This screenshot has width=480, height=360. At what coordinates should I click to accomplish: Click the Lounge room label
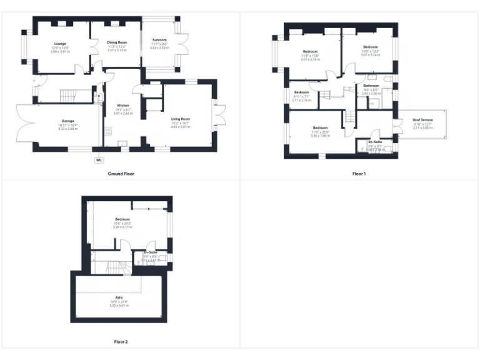click(x=60, y=44)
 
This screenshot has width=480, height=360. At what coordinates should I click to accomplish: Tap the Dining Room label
click(x=117, y=42)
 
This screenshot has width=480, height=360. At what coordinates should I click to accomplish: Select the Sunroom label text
click(x=159, y=40)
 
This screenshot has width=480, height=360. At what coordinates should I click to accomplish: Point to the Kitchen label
click(x=123, y=105)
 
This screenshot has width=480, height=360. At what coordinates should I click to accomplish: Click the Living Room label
click(x=181, y=118)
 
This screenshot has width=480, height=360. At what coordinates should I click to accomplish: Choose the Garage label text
click(x=67, y=121)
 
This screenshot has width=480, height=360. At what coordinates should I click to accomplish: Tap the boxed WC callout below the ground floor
click(x=98, y=160)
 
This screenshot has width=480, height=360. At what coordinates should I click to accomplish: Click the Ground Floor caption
click(x=121, y=174)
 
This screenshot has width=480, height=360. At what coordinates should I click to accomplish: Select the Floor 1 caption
click(x=359, y=173)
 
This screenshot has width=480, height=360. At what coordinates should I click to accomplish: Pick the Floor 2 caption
click(x=121, y=342)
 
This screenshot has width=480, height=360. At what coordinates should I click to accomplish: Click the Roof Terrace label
click(x=423, y=119)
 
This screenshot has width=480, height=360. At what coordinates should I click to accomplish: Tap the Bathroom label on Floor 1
click(x=371, y=86)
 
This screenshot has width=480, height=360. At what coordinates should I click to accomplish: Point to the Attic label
click(x=119, y=297)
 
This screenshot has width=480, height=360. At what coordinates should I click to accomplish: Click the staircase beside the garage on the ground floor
click(x=66, y=96)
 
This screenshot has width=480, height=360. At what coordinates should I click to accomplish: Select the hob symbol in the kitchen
click(x=108, y=131)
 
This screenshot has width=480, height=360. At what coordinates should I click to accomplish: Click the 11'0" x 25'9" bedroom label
click(x=320, y=127)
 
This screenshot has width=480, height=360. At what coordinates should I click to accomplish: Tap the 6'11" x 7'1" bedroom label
click(x=302, y=92)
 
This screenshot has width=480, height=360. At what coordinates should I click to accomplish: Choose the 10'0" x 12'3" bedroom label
click(x=371, y=47)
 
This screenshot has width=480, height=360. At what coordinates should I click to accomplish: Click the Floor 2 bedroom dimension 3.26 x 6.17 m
click(x=121, y=227)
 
